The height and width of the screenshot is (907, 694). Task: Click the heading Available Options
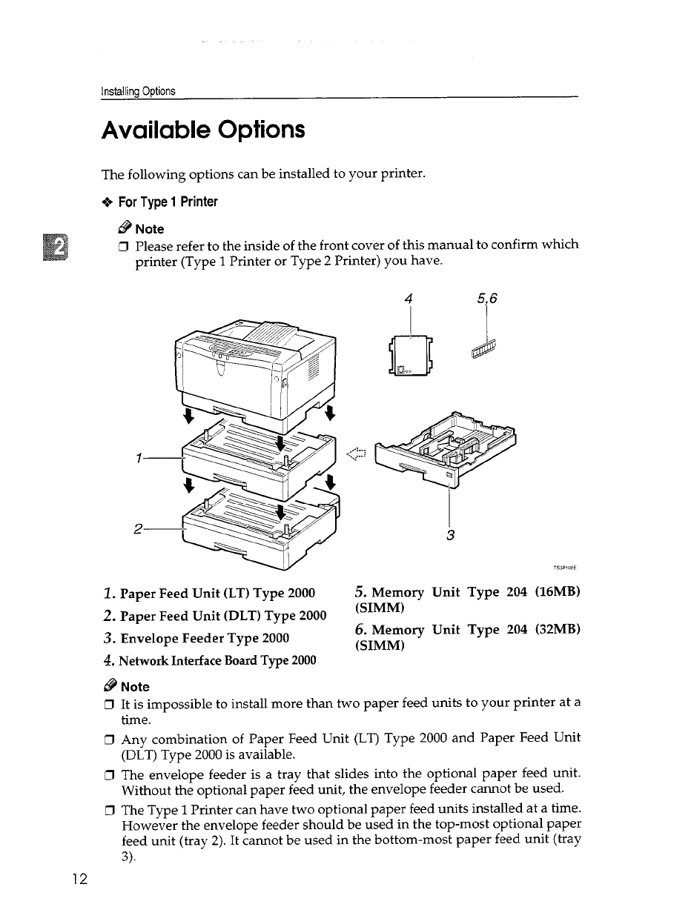tap(202, 131)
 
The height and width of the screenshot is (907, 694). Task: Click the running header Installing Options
tap(139, 91)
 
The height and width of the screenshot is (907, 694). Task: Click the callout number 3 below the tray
tap(450, 535)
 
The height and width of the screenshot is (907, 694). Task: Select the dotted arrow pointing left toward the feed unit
tap(358, 454)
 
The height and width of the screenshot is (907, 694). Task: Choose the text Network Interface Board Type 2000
tap(210, 660)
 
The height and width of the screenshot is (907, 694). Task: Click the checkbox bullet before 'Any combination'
tap(108, 738)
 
